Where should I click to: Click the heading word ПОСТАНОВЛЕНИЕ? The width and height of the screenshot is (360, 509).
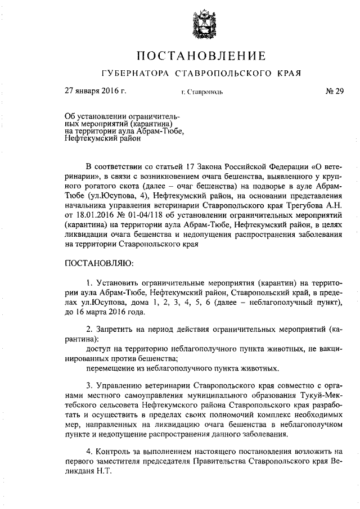[201, 56]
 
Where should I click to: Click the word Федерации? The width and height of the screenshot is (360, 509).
[280, 168]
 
